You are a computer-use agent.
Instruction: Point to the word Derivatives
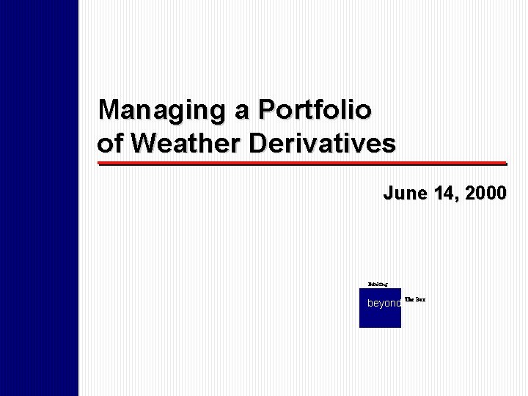(x=322, y=143)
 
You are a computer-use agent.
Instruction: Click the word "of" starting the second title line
(x=109, y=143)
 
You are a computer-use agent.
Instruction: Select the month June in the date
(x=403, y=194)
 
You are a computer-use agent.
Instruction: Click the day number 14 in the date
(x=441, y=194)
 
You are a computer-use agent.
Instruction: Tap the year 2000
(x=484, y=194)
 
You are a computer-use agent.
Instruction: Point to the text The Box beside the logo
(x=415, y=299)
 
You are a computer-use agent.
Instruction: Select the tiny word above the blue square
(x=378, y=282)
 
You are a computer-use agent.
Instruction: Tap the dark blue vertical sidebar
(x=39, y=198)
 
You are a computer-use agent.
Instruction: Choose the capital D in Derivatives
(x=258, y=143)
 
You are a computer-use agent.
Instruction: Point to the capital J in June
(x=388, y=194)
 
